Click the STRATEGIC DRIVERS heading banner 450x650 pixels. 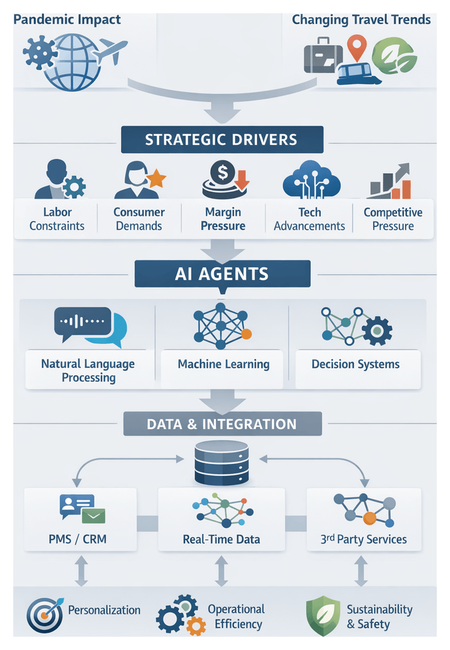tap(221, 140)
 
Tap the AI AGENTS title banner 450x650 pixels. tap(221, 274)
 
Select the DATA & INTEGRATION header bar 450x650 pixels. tap(221, 423)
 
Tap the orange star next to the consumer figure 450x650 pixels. tap(156, 178)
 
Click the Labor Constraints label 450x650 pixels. tap(56, 219)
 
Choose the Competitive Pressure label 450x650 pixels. tap(392, 219)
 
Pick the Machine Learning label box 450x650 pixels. tap(223, 364)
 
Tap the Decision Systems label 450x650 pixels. tap(355, 364)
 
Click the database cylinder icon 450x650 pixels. tap(222, 463)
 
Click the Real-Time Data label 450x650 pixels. tap(221, 539)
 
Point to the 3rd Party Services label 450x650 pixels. tap(363, 539)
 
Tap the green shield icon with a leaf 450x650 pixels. tap(322, 616)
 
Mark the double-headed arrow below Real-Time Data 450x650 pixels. tap(221, 570)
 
